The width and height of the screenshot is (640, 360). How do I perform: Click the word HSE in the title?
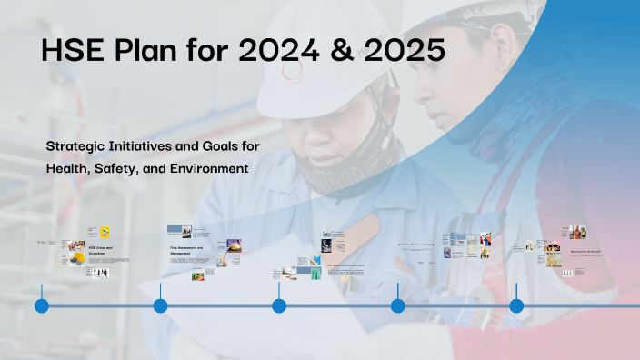click(x=71, y=51)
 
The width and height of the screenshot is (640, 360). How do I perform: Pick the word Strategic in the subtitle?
click(x=77, y=145)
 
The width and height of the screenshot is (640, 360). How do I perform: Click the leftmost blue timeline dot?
click(x=42, y=305)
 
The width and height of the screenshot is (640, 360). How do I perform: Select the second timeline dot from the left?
click(x=160, y=305)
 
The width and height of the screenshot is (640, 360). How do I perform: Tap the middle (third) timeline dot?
click(x=279, y=305)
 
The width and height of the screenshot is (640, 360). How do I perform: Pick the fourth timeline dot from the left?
click(x=397, y=305)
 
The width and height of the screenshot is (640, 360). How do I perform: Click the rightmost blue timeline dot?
click(x=516, y=305)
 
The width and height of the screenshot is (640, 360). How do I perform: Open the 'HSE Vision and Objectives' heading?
click(x=99, y=248)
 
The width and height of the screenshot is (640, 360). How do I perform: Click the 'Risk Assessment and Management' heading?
click(x=185, y=248)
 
